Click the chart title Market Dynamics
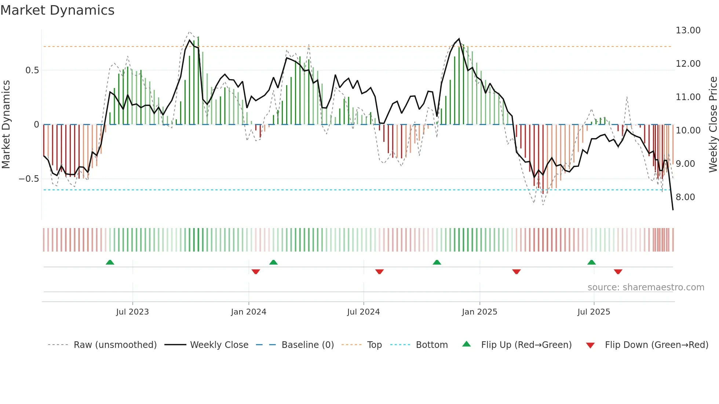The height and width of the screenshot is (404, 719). [x=57, y=10]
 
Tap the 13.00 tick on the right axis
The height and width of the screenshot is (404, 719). [x=688, y=30]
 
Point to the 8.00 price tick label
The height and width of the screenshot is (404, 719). [x=685, y=197]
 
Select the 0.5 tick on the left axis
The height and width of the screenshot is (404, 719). [x=32, y=70]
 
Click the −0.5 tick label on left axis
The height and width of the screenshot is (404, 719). [x=29, y=179]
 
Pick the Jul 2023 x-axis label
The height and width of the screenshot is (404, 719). [x=132, y=312]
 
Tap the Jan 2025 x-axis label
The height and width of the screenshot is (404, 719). [x=479, y=312]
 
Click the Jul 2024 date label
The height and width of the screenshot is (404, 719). [x=363, y=312]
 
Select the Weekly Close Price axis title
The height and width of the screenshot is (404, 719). [x=713, y=124]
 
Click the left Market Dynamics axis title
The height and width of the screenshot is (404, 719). [x=6, y=124]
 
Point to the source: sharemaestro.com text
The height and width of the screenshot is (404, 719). [x=646, y=287]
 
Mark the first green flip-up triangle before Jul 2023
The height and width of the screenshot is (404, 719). [x=110, y=262]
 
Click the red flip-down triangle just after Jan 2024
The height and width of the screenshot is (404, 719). [x=256, y=272]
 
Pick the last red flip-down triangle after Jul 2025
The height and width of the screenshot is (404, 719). [x=618, y=272]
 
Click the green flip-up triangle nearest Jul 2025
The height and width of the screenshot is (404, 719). [x=591, y=262]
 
